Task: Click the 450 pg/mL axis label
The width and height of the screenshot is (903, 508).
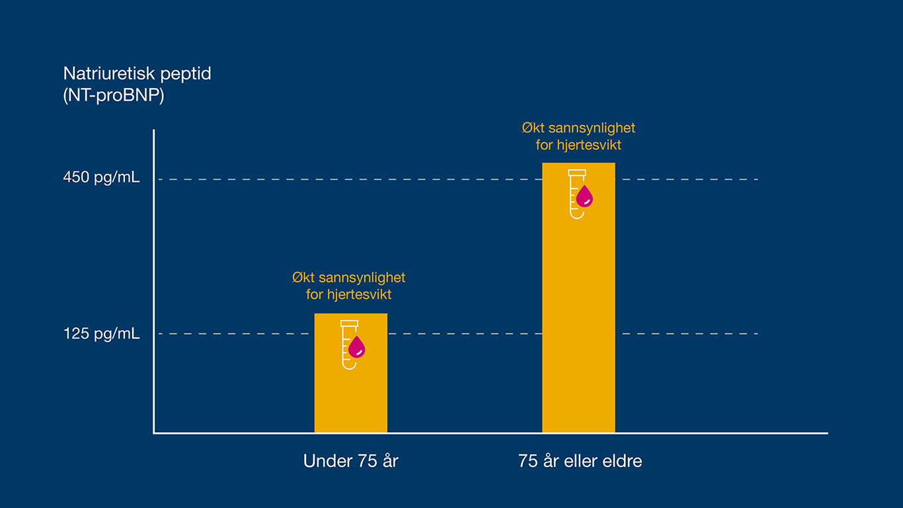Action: pos(101,178)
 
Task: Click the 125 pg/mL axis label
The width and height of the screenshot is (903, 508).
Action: pos(101,333)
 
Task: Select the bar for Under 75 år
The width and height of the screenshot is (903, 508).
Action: pos(350,397)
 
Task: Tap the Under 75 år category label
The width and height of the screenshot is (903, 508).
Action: pos(350,461)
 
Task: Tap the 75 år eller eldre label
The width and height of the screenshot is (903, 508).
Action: pos(580,461)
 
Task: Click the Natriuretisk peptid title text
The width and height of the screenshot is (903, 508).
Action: pos(137,73)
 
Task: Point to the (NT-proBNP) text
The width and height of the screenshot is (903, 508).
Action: pos(113,95)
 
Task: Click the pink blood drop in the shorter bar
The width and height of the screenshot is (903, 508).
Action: pos(357,347)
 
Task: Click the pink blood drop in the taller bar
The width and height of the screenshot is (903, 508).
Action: pos(584,196)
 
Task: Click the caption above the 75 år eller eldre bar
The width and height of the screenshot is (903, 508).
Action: pos(578,136)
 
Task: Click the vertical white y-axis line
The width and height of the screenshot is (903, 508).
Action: pos(153,265)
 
